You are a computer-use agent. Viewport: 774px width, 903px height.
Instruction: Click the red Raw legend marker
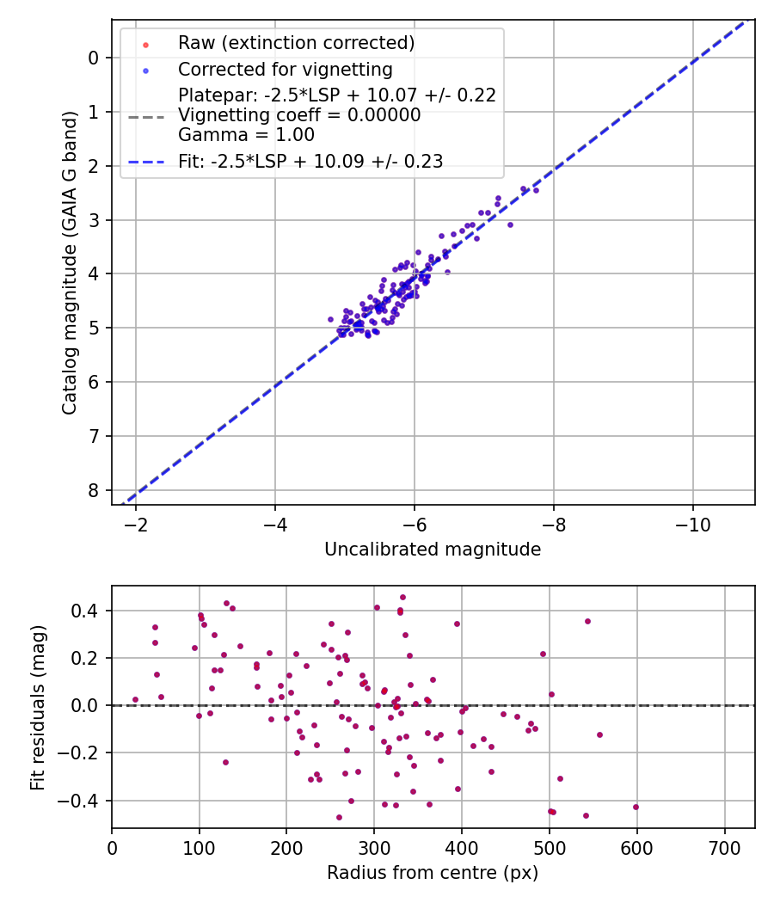coord(145,43)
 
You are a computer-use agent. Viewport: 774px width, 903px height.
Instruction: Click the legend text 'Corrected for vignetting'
coord(285,70)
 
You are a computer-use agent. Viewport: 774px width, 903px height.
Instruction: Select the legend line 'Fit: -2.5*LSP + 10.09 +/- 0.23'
coord(310,162)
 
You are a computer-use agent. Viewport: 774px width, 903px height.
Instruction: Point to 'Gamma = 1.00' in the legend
coord(246,135)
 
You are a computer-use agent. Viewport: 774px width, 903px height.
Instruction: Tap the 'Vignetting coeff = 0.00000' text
coord(299,115)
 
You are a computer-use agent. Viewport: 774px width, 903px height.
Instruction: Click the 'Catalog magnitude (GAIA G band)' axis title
coord(71,261)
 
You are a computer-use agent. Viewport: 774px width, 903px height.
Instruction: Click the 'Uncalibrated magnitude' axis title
coord(433,550)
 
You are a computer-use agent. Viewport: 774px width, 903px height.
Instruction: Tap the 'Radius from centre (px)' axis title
coord(433,873)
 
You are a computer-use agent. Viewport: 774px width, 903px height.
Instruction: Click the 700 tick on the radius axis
coord(724,846)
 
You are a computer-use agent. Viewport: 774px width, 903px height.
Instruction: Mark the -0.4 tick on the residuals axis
coord(84,801)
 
